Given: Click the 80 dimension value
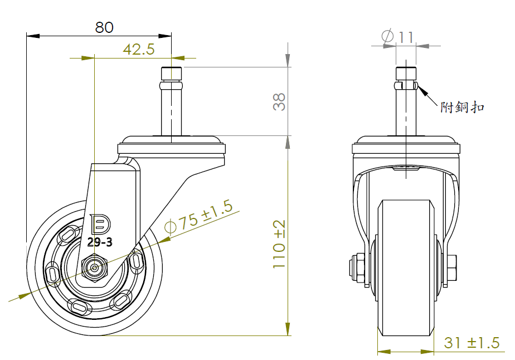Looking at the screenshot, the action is tap(104, 27).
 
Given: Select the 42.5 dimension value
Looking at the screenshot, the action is tap(139, 49).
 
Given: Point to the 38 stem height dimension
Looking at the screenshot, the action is tap(279, 101).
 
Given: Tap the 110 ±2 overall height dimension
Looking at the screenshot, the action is tap(279, 244).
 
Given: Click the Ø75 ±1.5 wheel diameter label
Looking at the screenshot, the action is tap(198, 217).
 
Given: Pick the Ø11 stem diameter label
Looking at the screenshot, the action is tap(398, 36).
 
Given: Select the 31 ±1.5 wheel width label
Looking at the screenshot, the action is tap(472, 343).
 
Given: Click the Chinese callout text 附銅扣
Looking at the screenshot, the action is tap(462, 107).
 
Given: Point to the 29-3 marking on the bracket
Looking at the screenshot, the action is tap(100, 242).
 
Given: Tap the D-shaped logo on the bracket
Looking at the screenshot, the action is tap(100, 224).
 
